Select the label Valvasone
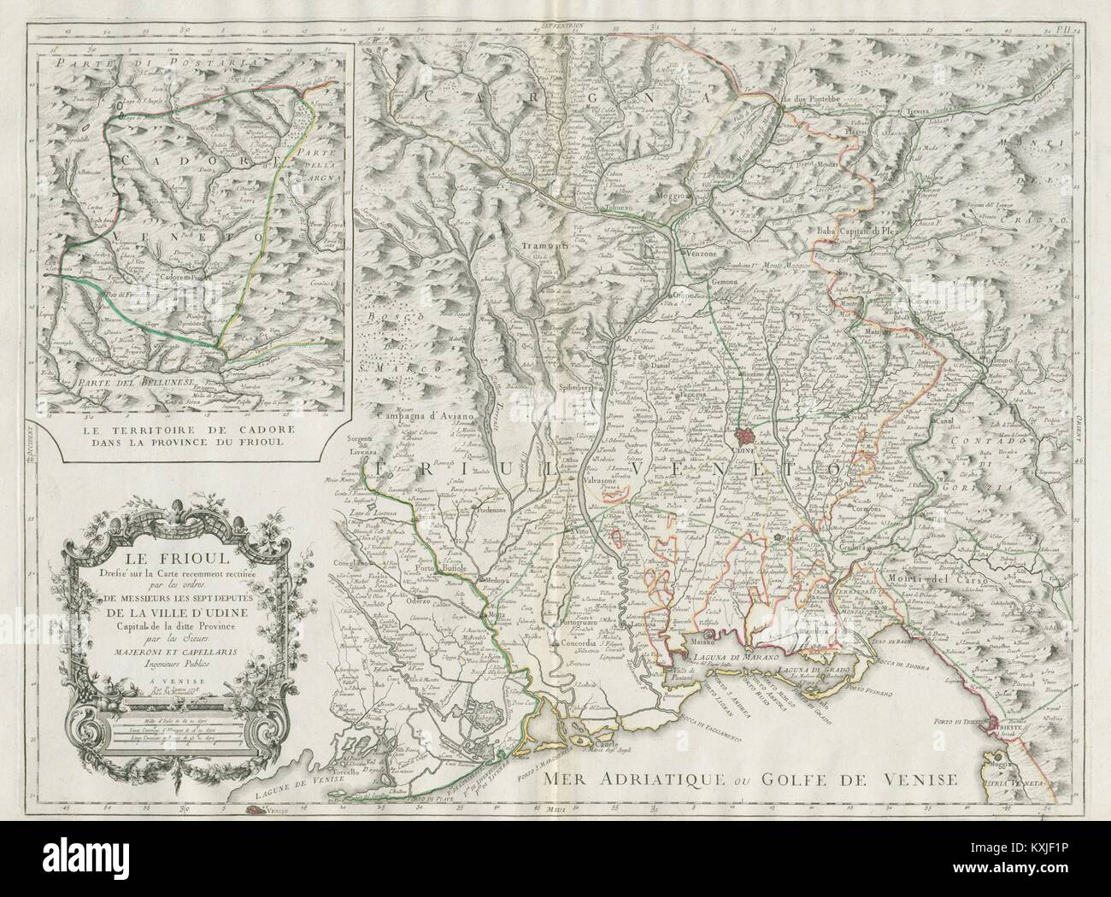(595, 480)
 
